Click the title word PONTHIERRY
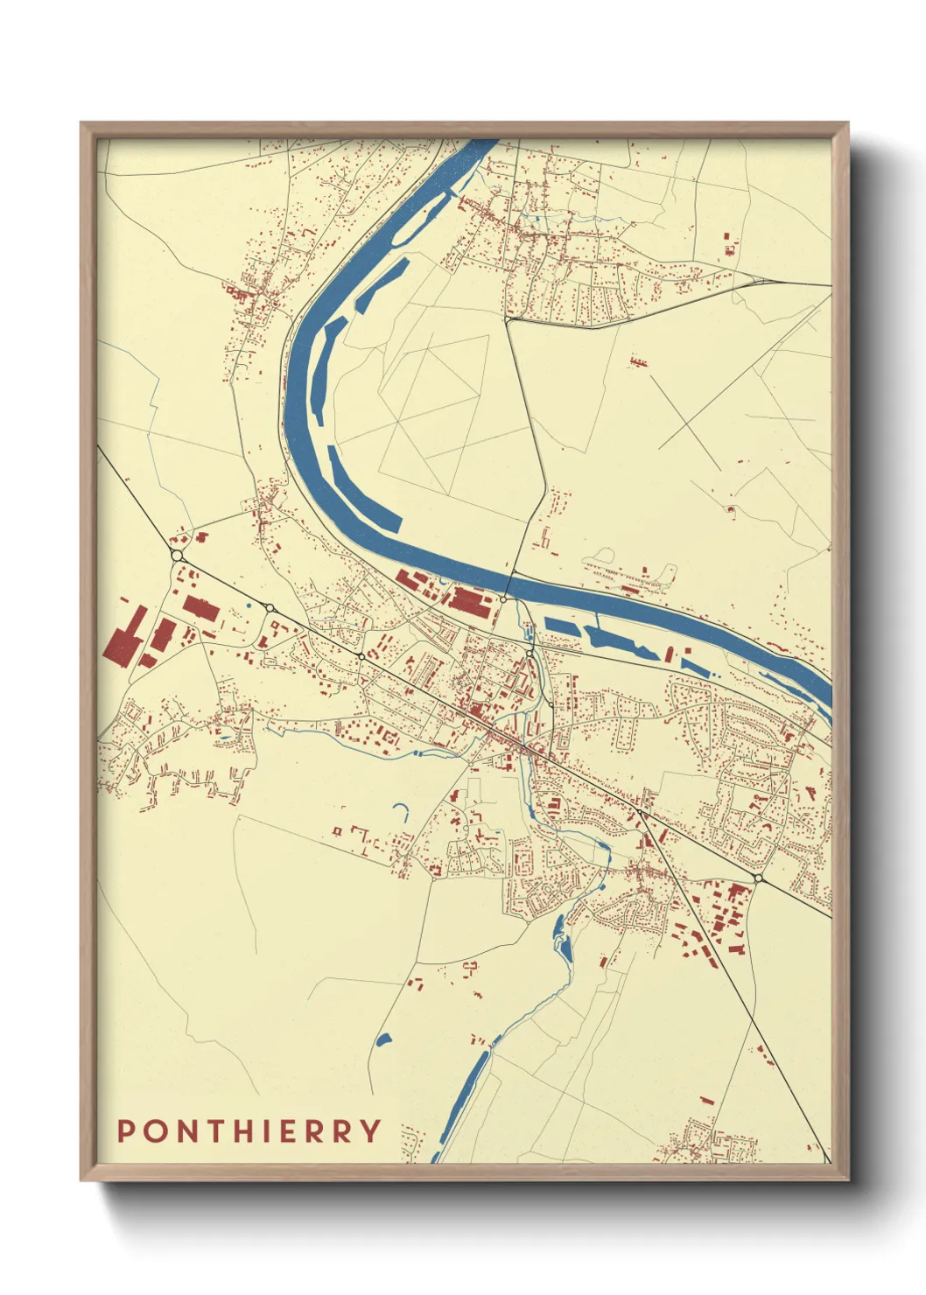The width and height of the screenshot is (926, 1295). (249, 1130)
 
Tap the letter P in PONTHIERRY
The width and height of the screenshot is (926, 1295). (126, 1130)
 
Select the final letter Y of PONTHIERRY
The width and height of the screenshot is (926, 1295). (371, 1130)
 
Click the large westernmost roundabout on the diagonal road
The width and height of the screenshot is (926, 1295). (177, 556)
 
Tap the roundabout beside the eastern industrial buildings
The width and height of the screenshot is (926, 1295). (758, 878)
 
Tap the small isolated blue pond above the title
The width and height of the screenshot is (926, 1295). (382, 1039)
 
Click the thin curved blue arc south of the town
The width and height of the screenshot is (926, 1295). (403, 811)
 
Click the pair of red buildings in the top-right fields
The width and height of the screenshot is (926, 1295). (729, 243)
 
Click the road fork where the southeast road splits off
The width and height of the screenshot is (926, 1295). (640, 813)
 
